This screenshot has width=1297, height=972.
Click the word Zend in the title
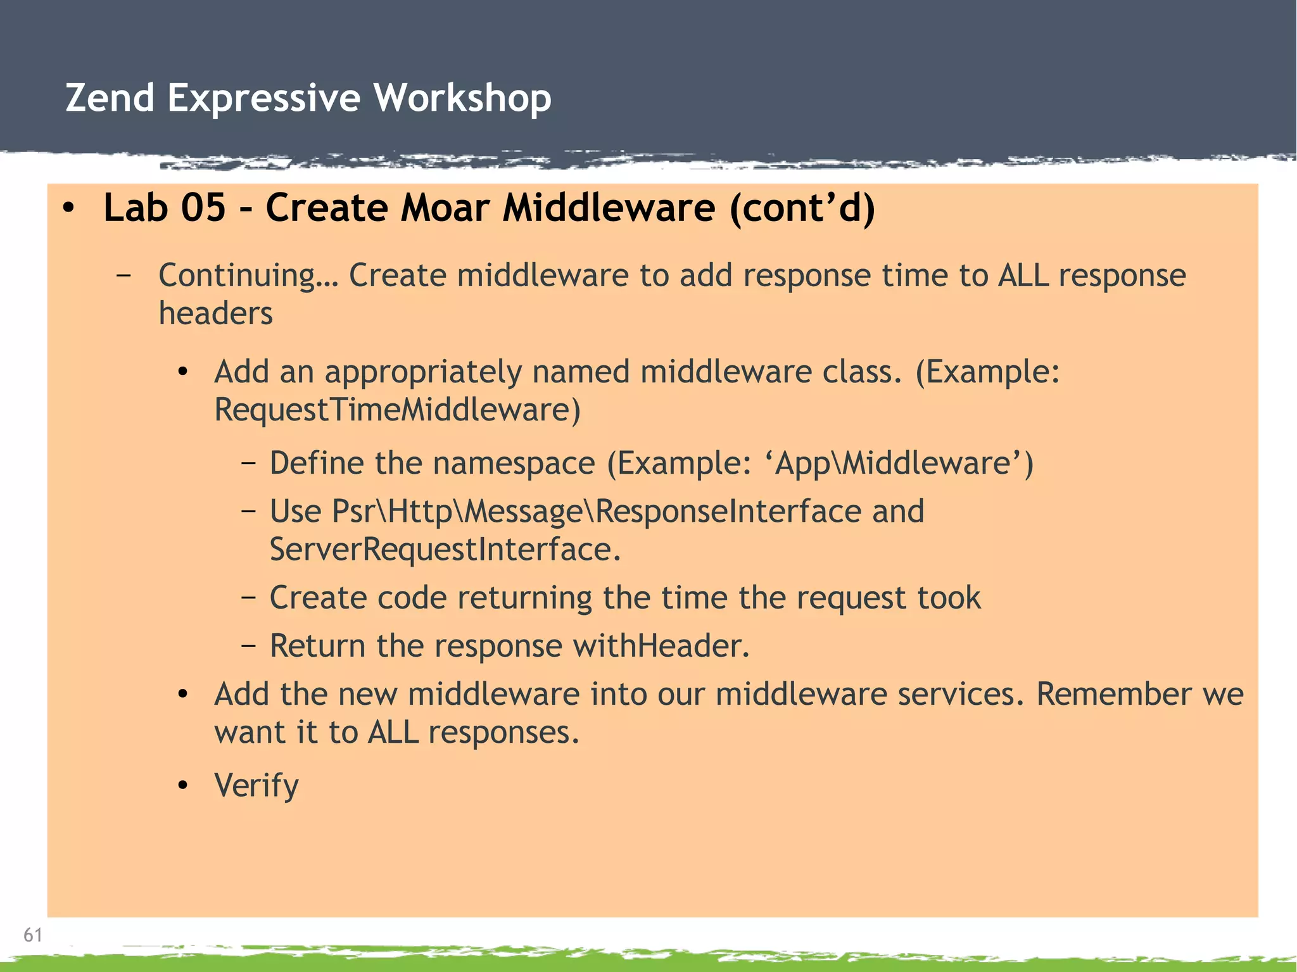coord(110,98)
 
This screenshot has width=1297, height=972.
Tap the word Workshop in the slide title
coord(462,98)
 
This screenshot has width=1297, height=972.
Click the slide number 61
coord(33,935)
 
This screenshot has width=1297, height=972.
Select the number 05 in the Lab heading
coord(203,208)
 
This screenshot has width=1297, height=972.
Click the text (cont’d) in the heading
coord(802,208)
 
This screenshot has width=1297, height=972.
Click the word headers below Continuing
coord(215,313)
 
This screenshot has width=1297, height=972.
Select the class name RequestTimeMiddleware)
coord(397,410)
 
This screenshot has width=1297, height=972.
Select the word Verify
coord(256,786)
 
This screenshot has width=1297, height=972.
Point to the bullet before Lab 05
coord(69,208)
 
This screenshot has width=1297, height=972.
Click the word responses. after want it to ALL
coord(503,733)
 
